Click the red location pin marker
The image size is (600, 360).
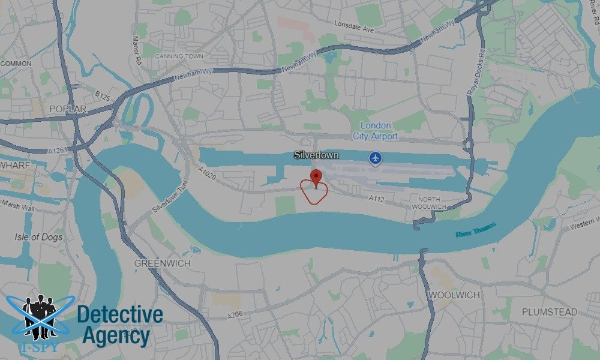pyautogui.click(x=316, y=177)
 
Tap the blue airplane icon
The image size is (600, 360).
pyautogui.click(x=376, y=158)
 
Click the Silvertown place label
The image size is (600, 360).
pyautogui.click(x=316, y=155)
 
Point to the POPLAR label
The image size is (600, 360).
pyautogui.click(x=68, y=109)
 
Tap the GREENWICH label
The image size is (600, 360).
pyautogui.click(x=162, y=263)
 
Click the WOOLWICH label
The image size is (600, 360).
pyautogui.click(x=454, y=295)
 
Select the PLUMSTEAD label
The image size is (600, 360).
pyautogui.click(x=549, y=312)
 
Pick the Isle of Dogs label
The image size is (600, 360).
pyautogui.click(x=38, y=237)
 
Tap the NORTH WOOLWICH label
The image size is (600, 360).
pyautogui.click(x=430, y=203)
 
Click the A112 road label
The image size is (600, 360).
pyautogui.click(x=376, y=198)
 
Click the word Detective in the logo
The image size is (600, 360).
pyautogui.click(x=120, y=314)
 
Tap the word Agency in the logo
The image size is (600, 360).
pyautogui.click(x=115, y=336)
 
